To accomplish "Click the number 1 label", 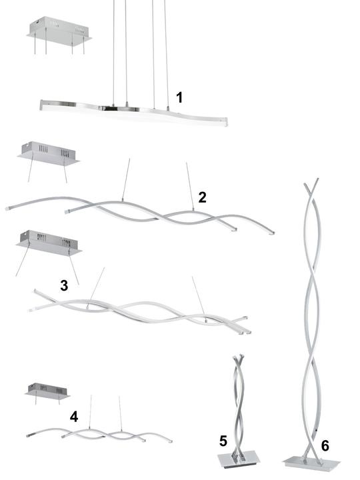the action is click(179, 97).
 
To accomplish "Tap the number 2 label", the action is click(202, 197).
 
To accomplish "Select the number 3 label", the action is click(64, 285).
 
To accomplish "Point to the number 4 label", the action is click(74, 417).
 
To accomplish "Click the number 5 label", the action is click(223, 441).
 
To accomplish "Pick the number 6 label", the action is click(325, 446).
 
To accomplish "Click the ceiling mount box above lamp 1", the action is click(59, 31).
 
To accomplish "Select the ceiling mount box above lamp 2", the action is click(49, 153).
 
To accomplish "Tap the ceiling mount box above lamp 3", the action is click(49, 243).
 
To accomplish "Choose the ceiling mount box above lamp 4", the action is click(47, 391).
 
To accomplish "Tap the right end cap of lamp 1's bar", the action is click(226, 121).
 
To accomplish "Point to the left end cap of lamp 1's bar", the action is click(42, 105).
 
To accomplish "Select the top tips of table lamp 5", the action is click(239, 357).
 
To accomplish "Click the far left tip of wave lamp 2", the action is click(7, 209).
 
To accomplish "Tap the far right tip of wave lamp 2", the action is click(273, 233).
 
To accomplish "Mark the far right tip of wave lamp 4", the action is click(171, 441).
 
